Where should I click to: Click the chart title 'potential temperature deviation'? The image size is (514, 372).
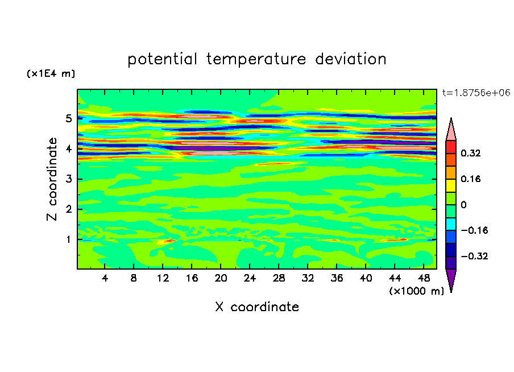coord(257,59)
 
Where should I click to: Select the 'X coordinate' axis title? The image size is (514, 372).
coord(257,307)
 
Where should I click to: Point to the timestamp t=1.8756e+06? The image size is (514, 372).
coord(476,93)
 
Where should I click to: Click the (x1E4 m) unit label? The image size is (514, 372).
coord(51,74)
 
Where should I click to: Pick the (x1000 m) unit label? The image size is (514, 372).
coord(417,291)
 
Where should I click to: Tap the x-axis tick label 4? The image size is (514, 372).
coord(105,278)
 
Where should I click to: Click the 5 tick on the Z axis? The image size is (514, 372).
coord(69,119)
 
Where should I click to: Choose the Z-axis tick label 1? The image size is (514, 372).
coord(69,239)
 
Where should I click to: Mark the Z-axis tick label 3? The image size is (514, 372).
coord(69,179)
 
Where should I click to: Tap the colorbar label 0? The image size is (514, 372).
coord(463,205)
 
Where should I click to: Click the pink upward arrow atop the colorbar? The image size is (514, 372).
coord(451,130)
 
